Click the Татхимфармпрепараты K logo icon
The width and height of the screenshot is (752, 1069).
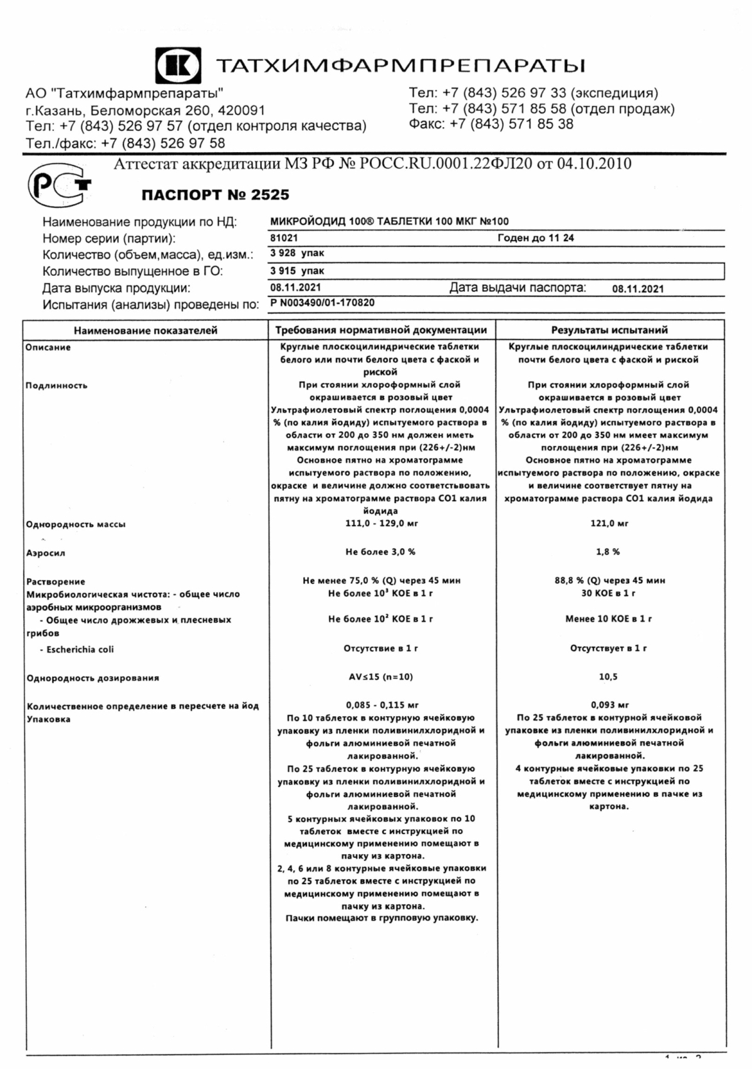coord(179,66)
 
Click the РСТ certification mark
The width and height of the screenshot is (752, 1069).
coord(58,185)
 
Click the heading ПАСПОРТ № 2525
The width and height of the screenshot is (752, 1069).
coord(215,195)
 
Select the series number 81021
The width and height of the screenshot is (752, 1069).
coord(284,238)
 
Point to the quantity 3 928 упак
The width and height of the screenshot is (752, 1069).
coord(297,253)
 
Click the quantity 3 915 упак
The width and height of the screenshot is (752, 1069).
coord(297,271)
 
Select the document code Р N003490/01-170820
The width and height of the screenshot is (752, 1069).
coord(322,303)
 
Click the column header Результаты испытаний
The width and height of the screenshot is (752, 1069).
coord(609,330)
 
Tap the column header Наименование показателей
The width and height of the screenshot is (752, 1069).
coord(145,330)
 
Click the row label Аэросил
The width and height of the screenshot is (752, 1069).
coord(45,553)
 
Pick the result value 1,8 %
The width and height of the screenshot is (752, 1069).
coord(607,552)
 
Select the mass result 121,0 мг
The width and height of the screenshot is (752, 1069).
coord(609,523)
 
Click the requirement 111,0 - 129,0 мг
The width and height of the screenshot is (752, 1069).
coord(381,523)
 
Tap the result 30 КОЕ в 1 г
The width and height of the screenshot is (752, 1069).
coord(608,593)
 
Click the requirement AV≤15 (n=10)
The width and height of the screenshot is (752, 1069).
coord(380,677)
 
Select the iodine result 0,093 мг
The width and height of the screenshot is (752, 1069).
coord(609,705)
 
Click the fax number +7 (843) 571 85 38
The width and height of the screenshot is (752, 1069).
coord(511,124)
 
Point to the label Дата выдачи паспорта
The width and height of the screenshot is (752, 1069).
coord(517,288)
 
